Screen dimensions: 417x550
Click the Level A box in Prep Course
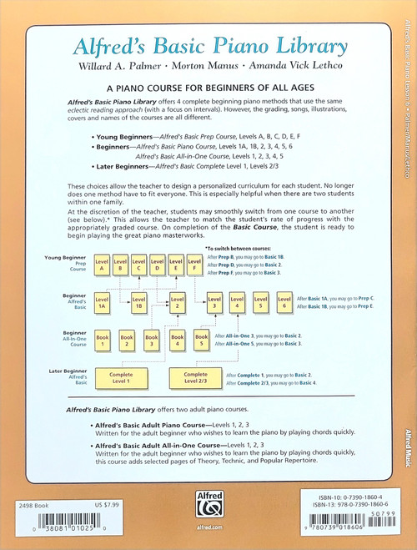point(101,266)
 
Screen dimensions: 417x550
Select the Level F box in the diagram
point(193,266)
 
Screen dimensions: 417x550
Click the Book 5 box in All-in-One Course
point(201,340)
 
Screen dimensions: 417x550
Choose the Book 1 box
point(103,340)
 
